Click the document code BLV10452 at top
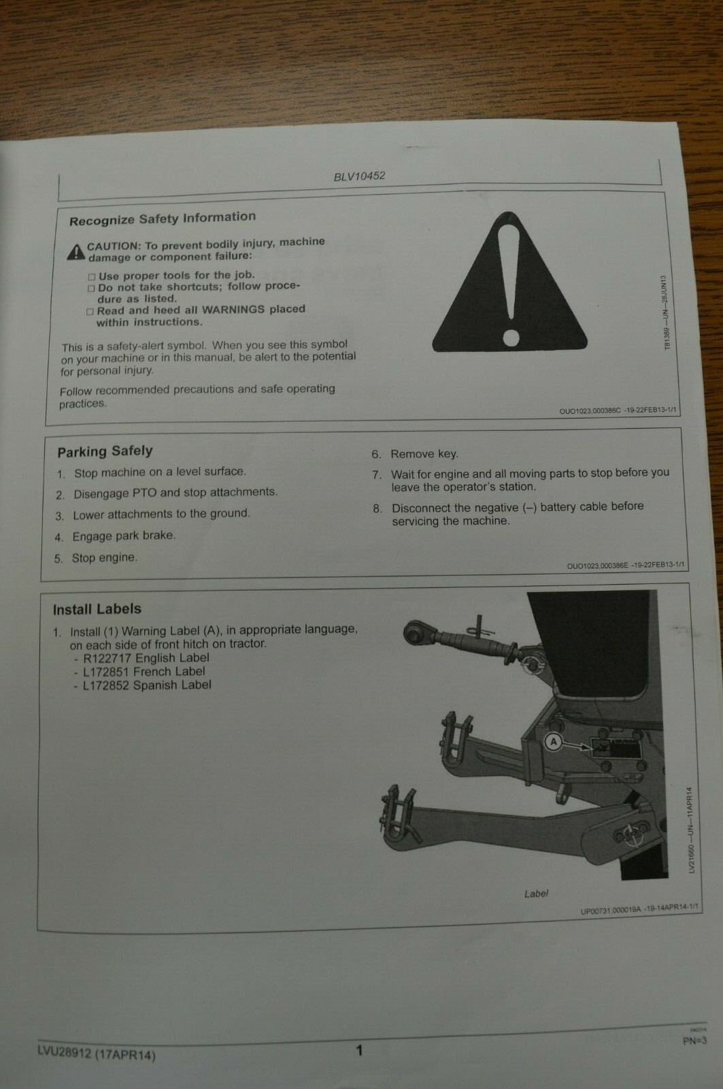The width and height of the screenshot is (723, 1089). click(359, 176)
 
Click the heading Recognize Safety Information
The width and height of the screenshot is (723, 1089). click(163, 218)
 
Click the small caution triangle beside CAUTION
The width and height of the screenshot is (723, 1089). click(75, 253)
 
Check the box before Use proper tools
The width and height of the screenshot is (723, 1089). click(92, 276)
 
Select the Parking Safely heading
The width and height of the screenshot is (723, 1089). click(105, 451)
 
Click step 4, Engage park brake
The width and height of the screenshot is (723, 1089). click(123, 536)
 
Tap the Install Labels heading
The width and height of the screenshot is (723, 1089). click(97, 609)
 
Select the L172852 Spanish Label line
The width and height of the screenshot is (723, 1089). click(146, 685)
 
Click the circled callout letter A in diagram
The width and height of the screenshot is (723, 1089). click(554, 742)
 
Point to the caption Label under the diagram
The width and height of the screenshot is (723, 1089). click(536, 893)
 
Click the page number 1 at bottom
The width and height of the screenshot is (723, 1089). click(359, 1050)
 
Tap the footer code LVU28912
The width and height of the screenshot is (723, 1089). click(65, 1054)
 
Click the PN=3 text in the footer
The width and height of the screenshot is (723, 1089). click(694, 1040)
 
